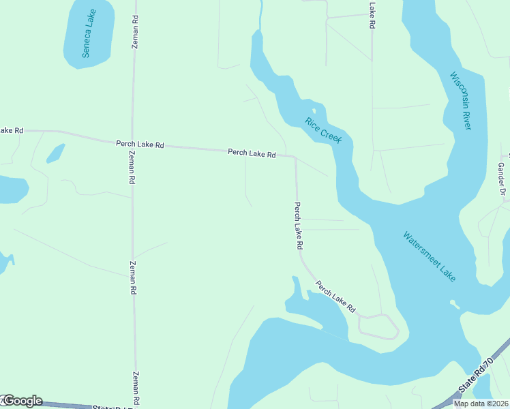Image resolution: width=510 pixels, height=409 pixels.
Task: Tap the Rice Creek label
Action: [322, 130]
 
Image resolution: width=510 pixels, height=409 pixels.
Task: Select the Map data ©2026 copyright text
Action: [481, 404]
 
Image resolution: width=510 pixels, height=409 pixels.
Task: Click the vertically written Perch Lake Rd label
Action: [298, 226]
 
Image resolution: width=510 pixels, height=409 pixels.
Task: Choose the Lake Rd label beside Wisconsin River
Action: [372, 15]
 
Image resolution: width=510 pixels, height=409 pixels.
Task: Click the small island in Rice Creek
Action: [314, 111]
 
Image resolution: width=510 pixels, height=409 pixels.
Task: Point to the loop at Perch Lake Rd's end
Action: [378, 327]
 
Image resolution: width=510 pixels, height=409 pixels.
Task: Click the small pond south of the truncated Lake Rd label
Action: [56, 153]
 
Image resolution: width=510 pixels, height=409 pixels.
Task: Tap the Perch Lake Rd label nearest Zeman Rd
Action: [140, 145]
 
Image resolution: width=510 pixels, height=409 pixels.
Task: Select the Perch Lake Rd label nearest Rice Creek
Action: [252, 153]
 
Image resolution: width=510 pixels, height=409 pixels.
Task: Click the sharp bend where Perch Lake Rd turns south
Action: [295, 157]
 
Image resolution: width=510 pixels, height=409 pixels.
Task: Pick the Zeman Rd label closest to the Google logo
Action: [135, 386]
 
